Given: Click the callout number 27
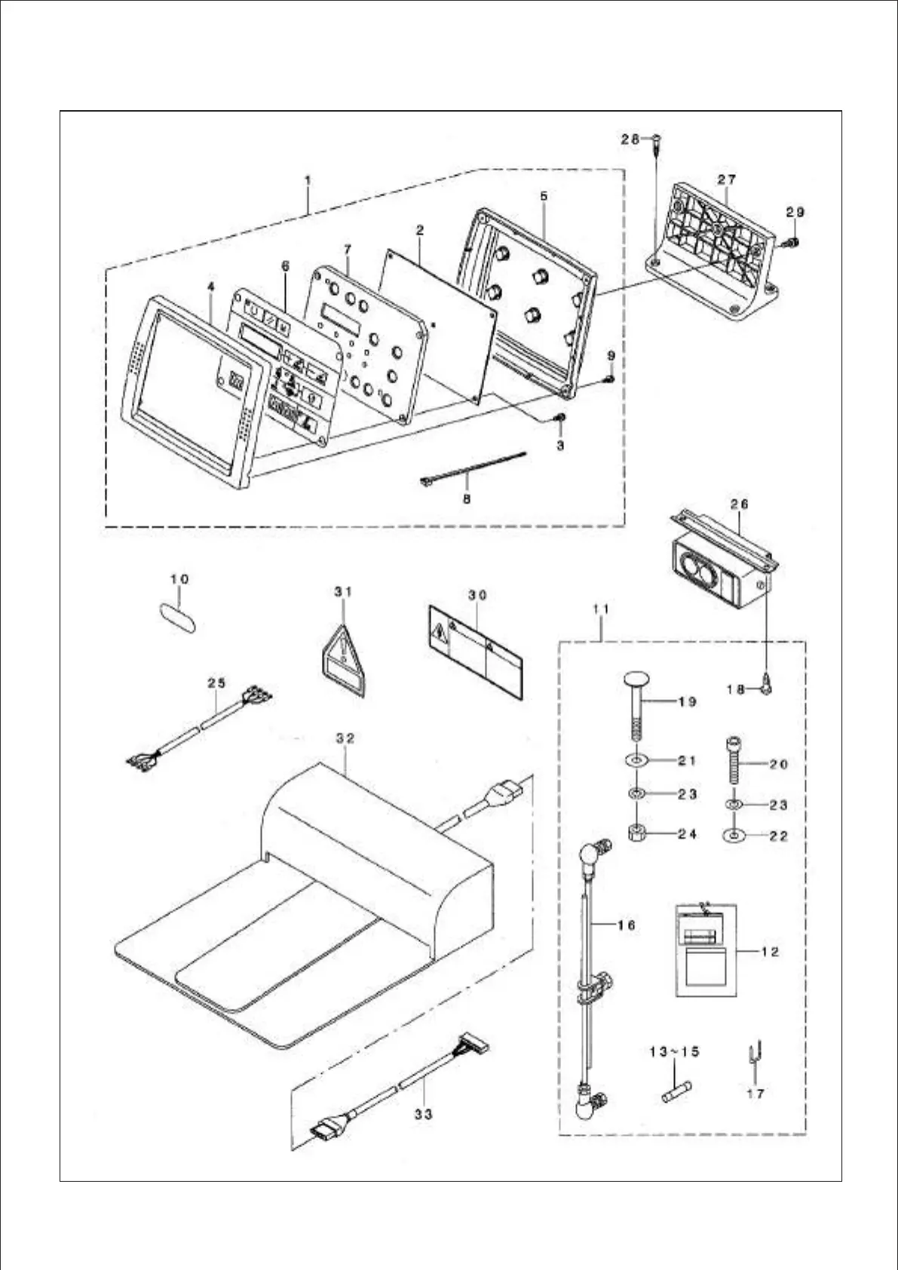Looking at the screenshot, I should [x=727, y=179].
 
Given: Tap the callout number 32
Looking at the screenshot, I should [x=345, y=738].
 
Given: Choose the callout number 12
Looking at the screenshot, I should [x=770, y=952].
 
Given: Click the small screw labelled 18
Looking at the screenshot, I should [x=765, y=687].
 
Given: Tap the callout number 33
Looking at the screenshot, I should [x=423, y=1112].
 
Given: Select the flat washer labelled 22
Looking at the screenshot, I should [x=732, y=836].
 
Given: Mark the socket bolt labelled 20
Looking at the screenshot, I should [x=734, y=763].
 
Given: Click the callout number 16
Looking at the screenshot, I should [x=627, y=925].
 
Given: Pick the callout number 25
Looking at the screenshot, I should [x=216, y=683].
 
